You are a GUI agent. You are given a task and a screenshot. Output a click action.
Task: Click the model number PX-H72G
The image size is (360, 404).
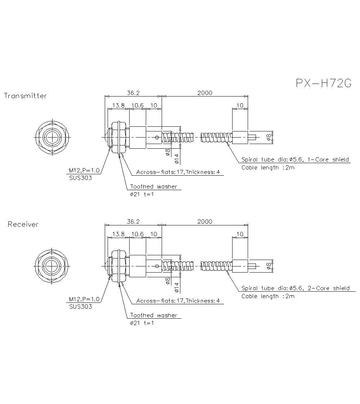pyautogui.click(x=323, y=83)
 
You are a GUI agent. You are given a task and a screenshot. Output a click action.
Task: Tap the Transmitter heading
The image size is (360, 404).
pyautogui.click(x=25, y=96)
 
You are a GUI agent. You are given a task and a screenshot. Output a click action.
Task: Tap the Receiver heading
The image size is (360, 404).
pyautogui.click(x=23, y=224)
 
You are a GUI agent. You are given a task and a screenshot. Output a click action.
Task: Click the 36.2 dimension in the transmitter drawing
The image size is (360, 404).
pyautogui.click(x=133, y=93)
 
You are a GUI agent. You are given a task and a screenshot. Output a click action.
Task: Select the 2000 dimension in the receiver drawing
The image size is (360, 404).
pyautogui.click(x=205, y=221)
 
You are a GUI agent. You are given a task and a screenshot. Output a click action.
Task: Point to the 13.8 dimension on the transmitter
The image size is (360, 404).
pyautogui.click(x=118, y=106)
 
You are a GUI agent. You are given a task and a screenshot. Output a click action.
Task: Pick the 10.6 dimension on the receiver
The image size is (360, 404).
pyautogui.click(x=137, y=234)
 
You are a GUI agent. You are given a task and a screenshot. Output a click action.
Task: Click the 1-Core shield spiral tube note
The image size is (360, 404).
pyautogui.click(x=295, y=160)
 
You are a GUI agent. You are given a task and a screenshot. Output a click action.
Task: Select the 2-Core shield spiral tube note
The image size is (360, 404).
pyautogui.click(x=295, y=288)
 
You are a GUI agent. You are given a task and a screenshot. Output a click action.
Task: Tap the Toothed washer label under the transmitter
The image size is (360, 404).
pyautogui.click(x=153, y=187)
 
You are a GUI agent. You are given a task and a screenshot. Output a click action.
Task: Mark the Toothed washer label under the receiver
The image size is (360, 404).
pyautogui.click(x=153, y=315)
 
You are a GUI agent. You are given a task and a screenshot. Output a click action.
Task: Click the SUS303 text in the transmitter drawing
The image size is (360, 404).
pyautogui.click(x=80, y=178)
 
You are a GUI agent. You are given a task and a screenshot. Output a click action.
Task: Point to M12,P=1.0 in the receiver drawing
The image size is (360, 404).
pyautogui.click(x=84, y=299)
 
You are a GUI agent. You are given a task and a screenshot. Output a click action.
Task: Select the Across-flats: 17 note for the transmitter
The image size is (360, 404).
pyautogui.click(x=178, y=172)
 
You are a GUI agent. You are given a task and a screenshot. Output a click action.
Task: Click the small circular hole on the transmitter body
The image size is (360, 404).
pyautogui.click(x=157, y=137)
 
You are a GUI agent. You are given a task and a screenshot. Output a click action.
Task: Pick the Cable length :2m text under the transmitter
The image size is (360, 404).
pyautogui.click(x=268, y=167)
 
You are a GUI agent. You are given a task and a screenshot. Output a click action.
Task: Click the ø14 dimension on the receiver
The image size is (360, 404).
pyautogui.click(x=177, y=287)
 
